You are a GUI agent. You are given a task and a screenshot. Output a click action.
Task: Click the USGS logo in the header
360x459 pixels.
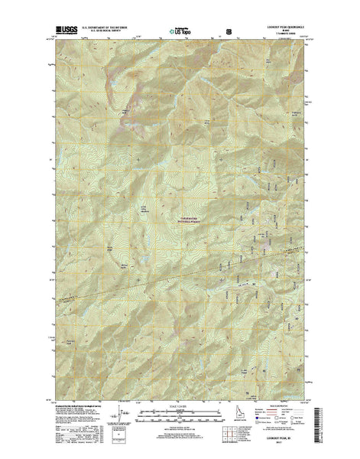click(66, 31)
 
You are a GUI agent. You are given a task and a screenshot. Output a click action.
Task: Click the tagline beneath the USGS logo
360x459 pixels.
click(66, 36)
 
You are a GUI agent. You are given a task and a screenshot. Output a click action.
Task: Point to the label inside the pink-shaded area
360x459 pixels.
click(123, 108)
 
